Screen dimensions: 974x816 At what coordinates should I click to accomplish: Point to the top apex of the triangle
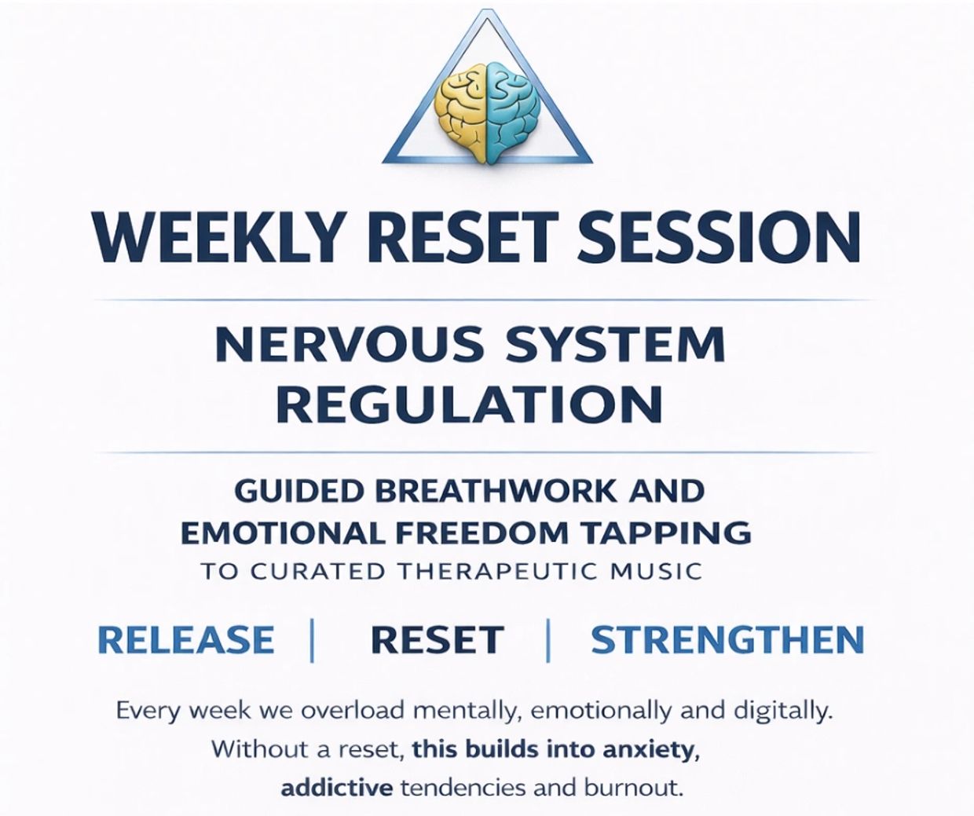point(487,10)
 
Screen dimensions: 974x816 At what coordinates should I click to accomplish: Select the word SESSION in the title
point(719,239)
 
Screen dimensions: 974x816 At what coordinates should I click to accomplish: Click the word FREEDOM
point(481,532)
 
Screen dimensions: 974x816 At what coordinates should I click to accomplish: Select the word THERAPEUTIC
point(498,572)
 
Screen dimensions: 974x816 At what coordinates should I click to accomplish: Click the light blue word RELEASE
point(185,639)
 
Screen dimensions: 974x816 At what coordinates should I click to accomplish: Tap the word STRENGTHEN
point(727,639)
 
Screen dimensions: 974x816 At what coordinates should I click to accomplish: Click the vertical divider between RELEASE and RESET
point(312,639)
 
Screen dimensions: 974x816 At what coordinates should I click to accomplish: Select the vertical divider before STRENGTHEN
point(547,639)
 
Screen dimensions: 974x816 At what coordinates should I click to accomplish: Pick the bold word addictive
point(337,789)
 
